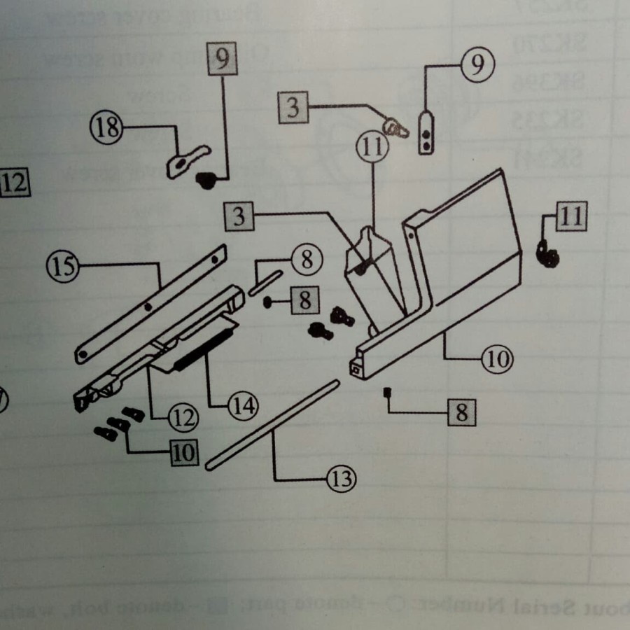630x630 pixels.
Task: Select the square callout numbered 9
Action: [x=222, y=59]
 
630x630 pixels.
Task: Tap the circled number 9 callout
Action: [x=477, y=65]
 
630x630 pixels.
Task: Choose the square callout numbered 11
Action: [x=571, y=217]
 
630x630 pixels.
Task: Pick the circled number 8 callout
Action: [x=306, y=260]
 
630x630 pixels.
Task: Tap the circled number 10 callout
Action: [x=497, y=359]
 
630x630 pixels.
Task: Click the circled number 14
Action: [x=242, y=405]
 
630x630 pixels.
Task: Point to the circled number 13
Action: [x=341, y=479]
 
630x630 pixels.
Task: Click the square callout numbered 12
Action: [x=14, y=184]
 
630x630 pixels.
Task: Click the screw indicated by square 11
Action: [x=547, y=253]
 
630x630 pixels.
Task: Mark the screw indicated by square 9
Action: [x=206, y=181]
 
